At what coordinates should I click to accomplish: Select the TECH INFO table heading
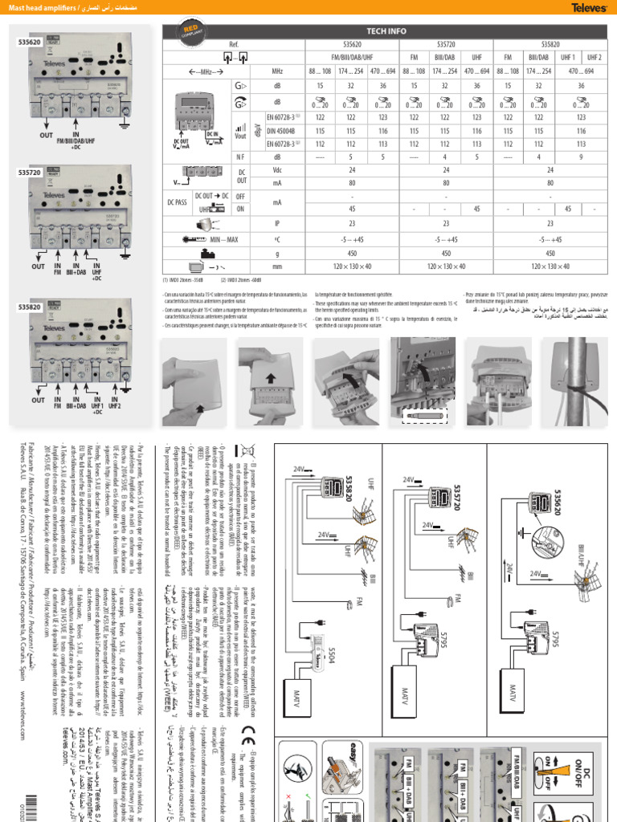tap(388, 30)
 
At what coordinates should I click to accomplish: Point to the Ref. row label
tap(235, 44)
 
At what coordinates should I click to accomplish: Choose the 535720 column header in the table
tap(448, 44)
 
